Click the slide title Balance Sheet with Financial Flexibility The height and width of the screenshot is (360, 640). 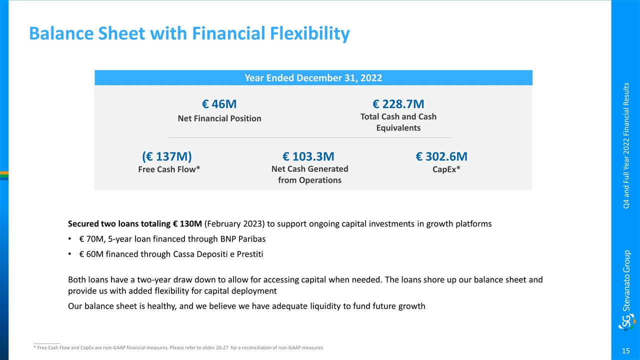189,33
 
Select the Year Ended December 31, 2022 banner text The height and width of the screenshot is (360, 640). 313,78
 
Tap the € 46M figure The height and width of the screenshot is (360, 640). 219,104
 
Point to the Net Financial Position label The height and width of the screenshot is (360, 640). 219,118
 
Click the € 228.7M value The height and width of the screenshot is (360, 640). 398,104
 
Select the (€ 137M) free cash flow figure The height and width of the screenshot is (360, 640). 167,156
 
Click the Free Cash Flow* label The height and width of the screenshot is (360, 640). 169,169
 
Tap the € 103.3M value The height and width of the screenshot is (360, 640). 308,156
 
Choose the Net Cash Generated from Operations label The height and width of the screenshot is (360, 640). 309,174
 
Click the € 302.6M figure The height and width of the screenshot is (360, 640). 441,156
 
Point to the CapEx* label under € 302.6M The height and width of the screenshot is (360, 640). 446,169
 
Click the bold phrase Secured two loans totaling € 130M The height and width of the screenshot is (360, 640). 135,223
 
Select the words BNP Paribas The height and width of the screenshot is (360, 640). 243,239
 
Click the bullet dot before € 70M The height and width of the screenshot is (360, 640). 69,239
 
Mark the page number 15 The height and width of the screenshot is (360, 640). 625,351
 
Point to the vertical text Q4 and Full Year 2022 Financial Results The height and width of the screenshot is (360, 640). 626,145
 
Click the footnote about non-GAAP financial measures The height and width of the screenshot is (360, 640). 178,347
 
